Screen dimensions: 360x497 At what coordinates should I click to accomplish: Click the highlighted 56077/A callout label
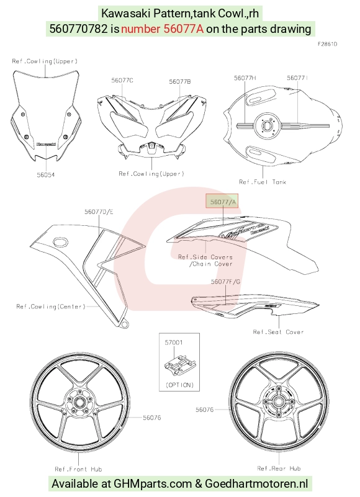(x=223, y=202)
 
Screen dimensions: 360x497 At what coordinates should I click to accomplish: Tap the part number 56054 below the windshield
(x=46, y=174)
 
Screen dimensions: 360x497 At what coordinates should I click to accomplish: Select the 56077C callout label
(x=122, y=80)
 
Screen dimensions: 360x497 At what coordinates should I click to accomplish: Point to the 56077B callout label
(x=180, y=81)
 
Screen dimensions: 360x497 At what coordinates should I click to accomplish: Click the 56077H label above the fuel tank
(x=245, y=78)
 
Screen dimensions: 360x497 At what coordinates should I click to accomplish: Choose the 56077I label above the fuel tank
(x=297, y=78)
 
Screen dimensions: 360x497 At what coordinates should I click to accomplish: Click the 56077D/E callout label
(x=99, y=212)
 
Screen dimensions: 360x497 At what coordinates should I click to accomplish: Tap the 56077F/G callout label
(x=225, y=282)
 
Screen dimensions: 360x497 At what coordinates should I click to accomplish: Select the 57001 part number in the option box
(x=174, y=343)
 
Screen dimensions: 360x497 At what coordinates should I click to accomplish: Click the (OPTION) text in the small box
(x=179, y=385)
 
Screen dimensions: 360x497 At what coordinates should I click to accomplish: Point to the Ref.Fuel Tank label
(x=263, y=182)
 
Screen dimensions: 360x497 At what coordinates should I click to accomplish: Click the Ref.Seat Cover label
(x=278, y=332)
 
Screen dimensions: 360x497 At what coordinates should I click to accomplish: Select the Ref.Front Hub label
(x=78, y=469)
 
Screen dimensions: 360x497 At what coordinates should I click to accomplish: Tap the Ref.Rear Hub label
(x=279, y=468)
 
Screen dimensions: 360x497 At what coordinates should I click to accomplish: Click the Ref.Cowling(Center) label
(x=51, y=307)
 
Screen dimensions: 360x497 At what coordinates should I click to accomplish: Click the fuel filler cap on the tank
(x=268, y=126)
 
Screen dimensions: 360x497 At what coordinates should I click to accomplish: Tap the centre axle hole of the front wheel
(x=78, y=403)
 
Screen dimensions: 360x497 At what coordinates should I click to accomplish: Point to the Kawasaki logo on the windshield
(x=47, y=144)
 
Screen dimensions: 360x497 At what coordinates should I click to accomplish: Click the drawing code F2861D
(x=327, y=44)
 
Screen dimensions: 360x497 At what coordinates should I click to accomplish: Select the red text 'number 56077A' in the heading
(x=162, y=29)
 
